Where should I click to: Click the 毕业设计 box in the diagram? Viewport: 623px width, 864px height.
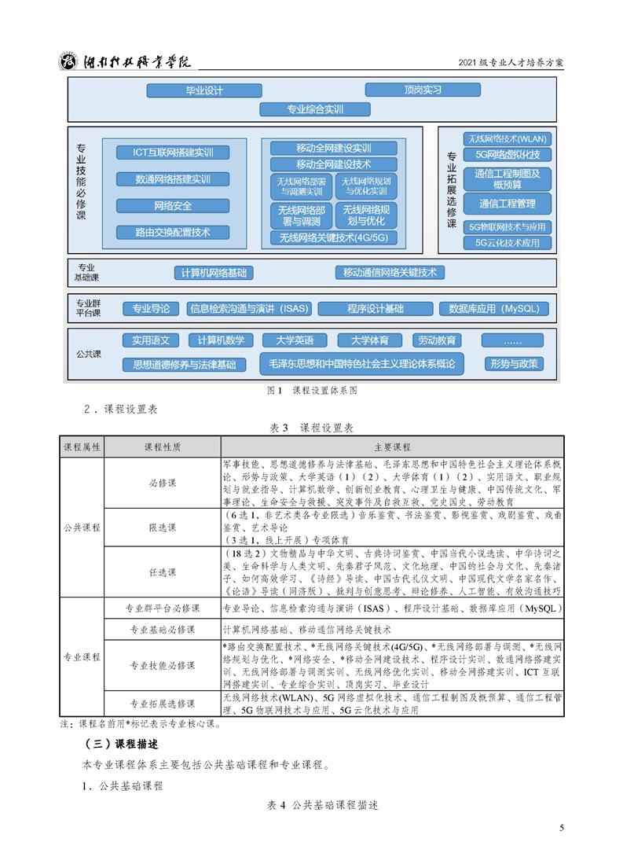coord(203,90)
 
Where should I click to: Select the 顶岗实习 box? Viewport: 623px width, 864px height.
coord(423,90)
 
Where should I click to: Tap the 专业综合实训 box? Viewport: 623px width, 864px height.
coord(314,109)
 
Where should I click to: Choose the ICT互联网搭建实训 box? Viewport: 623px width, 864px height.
coord(172,153)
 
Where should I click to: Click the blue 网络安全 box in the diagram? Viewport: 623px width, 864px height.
coord(172,206)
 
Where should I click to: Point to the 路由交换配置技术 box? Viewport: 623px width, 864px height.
coord(172,233)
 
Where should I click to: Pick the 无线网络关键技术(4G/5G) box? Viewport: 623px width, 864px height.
coord(333,238)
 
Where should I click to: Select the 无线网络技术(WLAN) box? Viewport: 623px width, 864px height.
coord(507,139)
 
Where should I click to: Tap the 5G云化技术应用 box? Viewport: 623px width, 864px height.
coord(507,243)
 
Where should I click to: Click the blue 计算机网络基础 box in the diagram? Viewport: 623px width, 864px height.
coord(214,273)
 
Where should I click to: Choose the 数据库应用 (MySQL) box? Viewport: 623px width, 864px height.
coord(493,308)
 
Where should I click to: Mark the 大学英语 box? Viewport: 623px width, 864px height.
coord(295,340)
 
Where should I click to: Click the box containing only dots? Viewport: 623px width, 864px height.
coord(512,340)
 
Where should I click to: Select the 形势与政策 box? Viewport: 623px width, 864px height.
coord(514,364)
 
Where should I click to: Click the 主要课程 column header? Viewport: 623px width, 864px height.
coord(392,447)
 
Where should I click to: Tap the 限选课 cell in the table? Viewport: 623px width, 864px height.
coord(163,528)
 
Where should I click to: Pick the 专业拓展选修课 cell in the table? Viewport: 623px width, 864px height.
coord(163,704)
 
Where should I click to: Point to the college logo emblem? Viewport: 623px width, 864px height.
coord(68,61)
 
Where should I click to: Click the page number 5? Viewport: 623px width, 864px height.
coord(561,828)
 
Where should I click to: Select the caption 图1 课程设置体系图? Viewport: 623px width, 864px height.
coord(312,390)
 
